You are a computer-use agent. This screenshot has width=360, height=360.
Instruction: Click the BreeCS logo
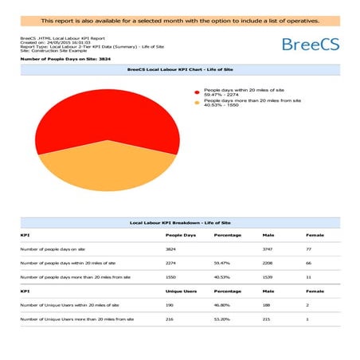coord(310,43)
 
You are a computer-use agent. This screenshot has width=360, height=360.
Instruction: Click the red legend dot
coord(198,92)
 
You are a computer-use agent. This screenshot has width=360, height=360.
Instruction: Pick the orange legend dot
coord(198,102)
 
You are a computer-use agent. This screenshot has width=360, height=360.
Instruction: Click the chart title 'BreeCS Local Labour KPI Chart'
coord(179,69)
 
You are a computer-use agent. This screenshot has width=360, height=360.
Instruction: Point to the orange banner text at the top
coord(180,20)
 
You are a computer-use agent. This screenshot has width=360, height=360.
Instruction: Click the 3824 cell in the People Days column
coord(171,249)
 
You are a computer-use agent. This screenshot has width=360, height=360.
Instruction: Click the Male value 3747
coord(268,249)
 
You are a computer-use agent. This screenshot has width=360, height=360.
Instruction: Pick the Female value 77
coord(309,249)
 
